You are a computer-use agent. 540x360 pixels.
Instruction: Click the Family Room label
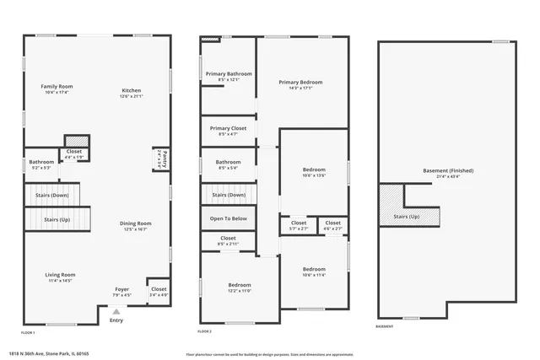[x=57, y=87]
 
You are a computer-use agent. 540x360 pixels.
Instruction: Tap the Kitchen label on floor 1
[x=131, y=90]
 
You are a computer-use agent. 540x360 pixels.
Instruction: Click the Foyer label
[x=122, y=289]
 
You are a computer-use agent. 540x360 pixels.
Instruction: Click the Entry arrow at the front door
[x=116, y=311]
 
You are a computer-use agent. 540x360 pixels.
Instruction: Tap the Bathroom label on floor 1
[x=41, y=162]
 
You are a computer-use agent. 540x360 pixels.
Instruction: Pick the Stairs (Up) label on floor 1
[x=57, y=219]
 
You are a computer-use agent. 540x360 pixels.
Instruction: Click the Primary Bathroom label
[x=229, y=74]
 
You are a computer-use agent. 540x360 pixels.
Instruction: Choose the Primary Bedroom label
[x=300, y=82]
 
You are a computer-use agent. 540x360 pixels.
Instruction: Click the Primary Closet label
[x=228, y=128]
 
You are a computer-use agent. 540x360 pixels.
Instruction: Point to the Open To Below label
[x=228, y=218]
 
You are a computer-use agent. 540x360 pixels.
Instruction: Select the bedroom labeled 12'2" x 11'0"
[x=239, y=285]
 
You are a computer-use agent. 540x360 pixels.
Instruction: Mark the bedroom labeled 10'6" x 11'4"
[x=314, y=269]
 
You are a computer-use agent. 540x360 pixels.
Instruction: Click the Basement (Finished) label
[x=448, y=170]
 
